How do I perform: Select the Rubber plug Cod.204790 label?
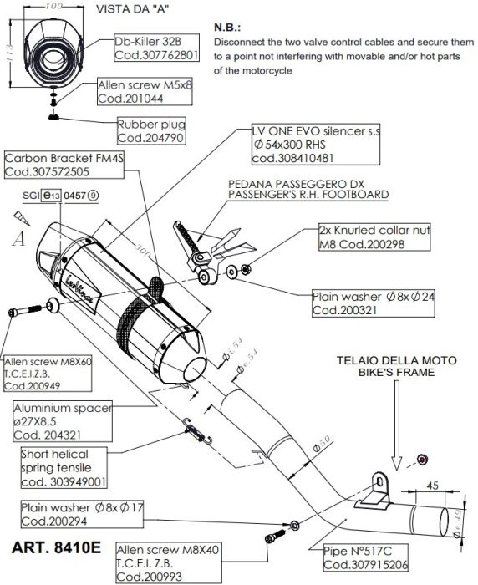click(150, 130)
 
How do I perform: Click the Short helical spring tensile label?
click(65, 467)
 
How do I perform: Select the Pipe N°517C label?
click(363, 557)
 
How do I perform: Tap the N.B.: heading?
click(231, 26)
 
